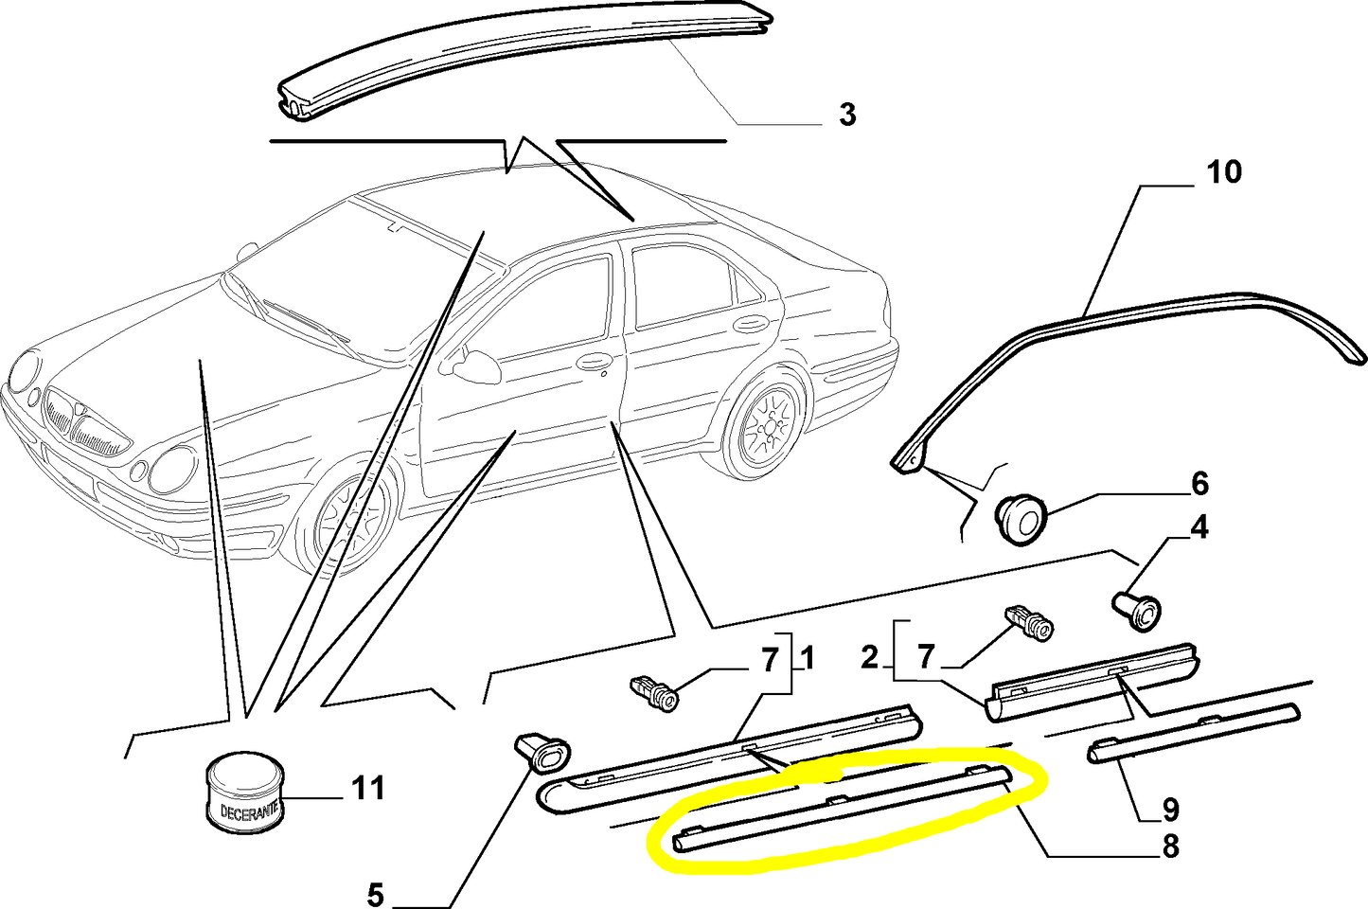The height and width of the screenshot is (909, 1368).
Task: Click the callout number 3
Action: pos(847,115)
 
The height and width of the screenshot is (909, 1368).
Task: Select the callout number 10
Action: pos(1224,172)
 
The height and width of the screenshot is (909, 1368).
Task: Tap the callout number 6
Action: pos(1199,484)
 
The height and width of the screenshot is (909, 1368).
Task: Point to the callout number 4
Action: pos(1199,527)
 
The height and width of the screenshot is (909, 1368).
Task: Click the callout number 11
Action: pos(369,788)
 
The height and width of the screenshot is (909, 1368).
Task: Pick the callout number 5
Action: pos(376,896)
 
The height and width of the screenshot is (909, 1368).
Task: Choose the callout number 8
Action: pos(1169,847)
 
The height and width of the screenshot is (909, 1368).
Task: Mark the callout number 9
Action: pos(1169,810)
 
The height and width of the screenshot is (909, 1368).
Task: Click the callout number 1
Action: pos(807,658)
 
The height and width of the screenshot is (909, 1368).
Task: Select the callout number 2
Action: pos(870,657)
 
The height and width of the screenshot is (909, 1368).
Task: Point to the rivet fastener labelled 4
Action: pos(1137,609)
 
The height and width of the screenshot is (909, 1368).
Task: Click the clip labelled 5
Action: pos(542,753)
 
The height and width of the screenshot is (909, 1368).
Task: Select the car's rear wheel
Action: pos(767,425)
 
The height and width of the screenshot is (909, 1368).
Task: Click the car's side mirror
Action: pos(477,366)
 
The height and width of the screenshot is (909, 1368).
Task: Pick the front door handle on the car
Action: pos(595,362)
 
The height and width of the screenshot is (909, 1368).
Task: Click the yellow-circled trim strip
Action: pos(842,808)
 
